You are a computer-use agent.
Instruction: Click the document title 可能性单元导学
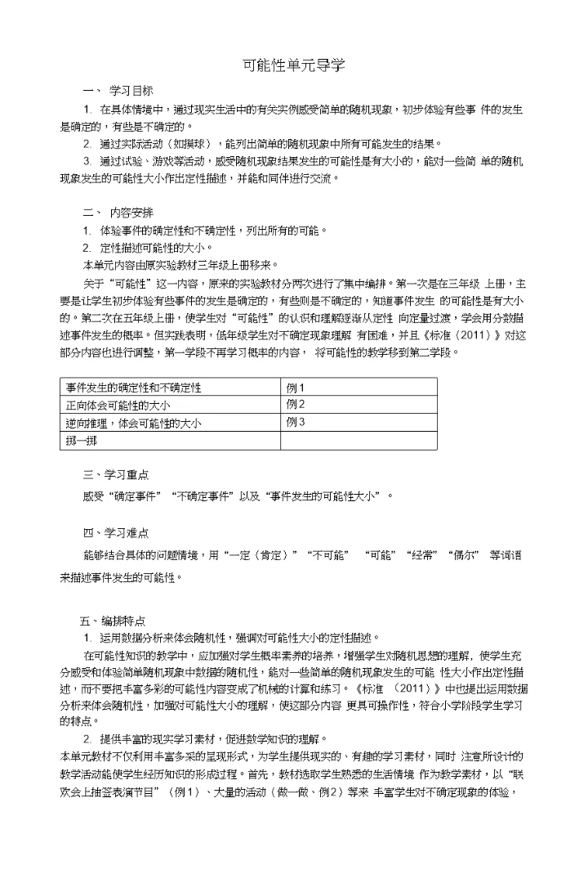(294, 65)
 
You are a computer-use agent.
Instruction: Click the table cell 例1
(295, 387)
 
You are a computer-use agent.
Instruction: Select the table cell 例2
(295, 405)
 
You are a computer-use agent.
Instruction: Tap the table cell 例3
(295, 423)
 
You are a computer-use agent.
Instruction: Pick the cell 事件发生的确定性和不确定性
(134, 387)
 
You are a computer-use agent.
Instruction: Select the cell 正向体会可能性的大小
(118, 405)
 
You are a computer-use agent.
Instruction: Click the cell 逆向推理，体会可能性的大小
(134, 423)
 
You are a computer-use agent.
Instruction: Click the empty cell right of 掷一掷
(358, 441)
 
